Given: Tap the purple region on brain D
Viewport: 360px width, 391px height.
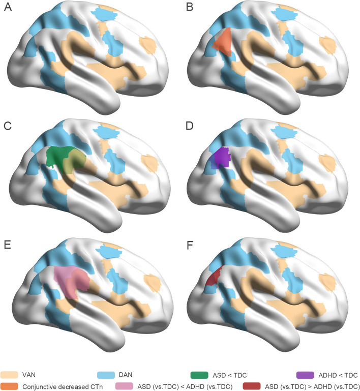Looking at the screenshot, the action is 221,157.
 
